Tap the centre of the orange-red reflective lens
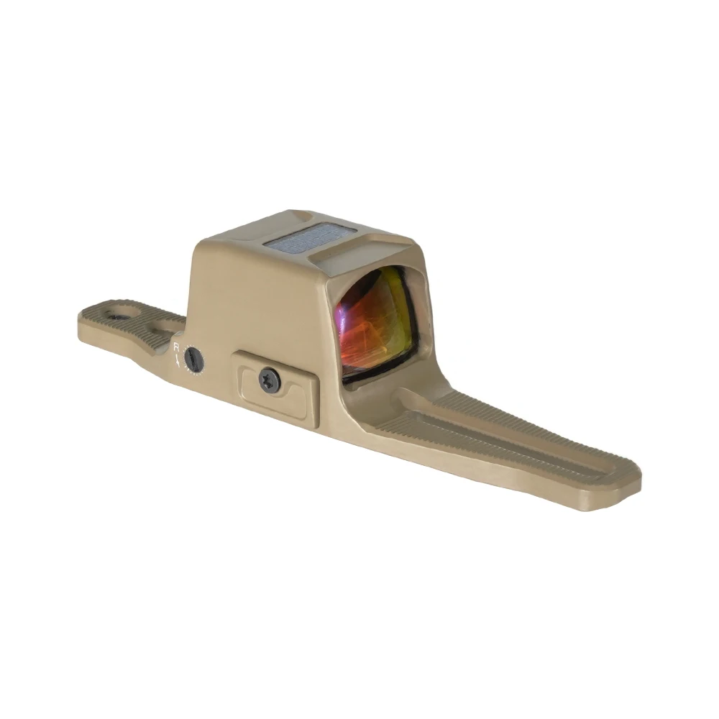pyautogui.click(x=376, y=322)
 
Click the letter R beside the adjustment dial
pyautogui.click(x=177, y=347)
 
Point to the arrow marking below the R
pyautogui.click(x=178, y=359)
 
